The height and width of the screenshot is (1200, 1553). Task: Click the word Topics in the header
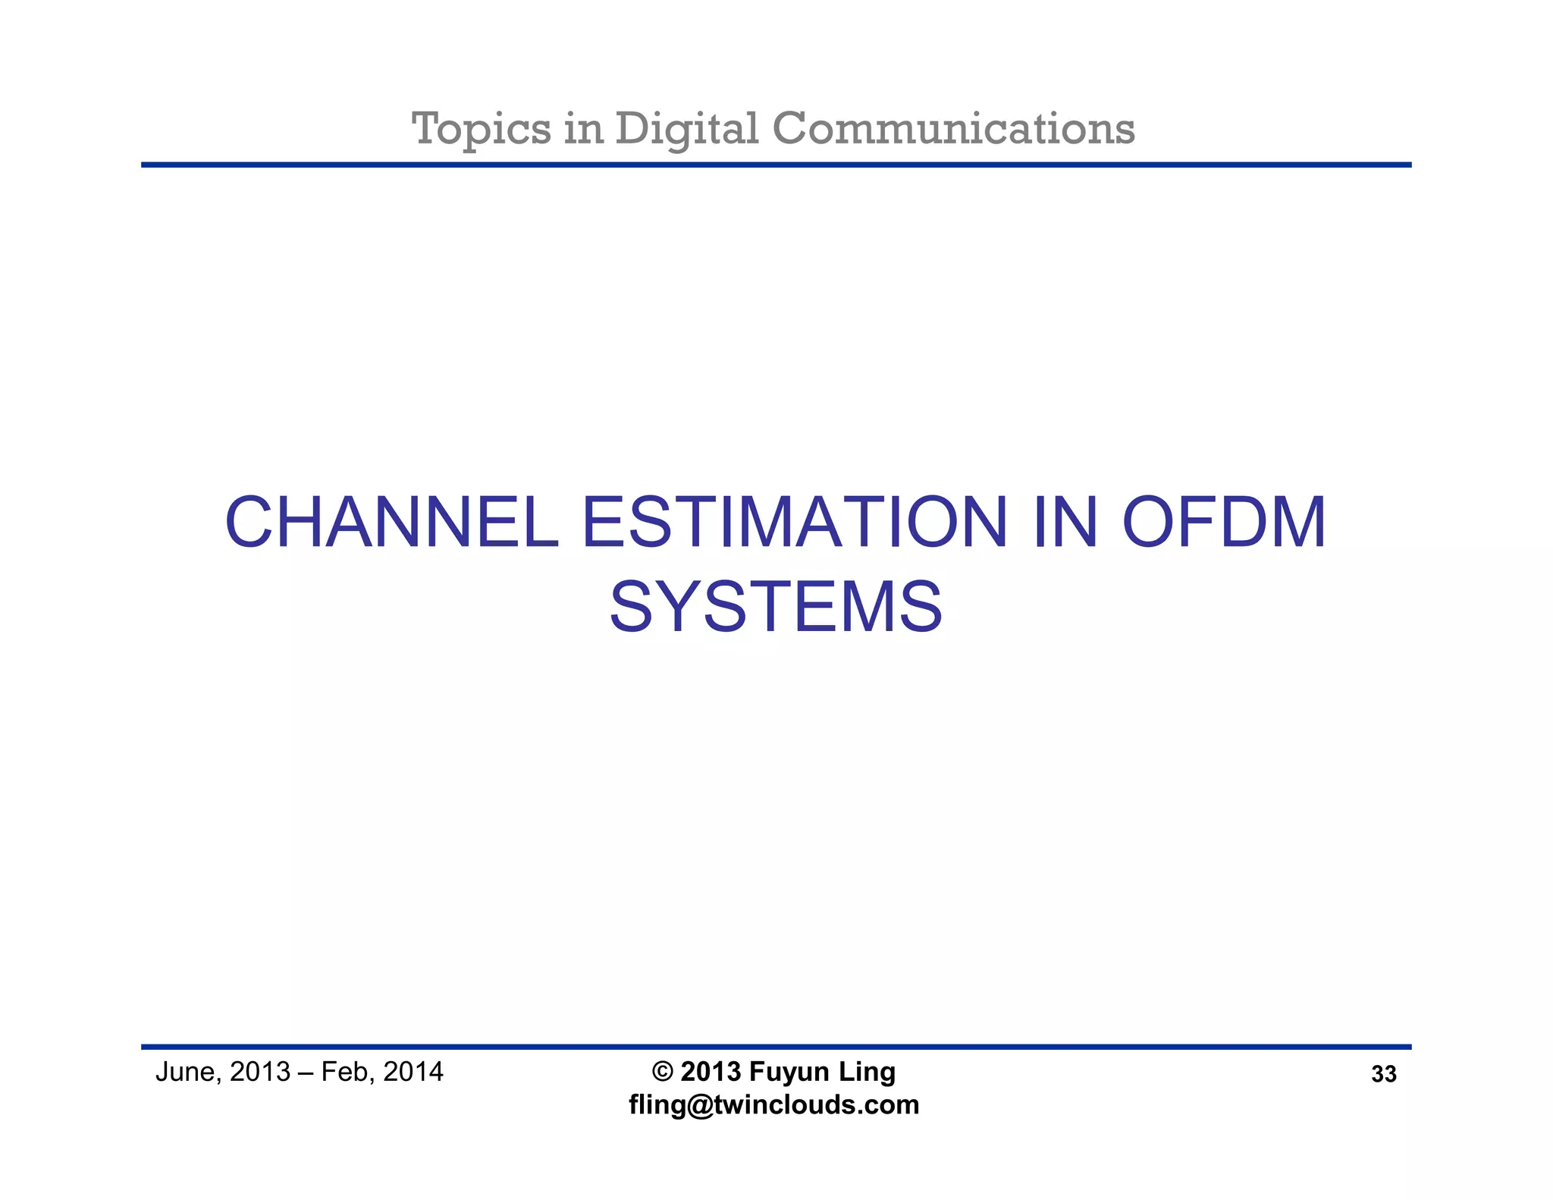click(x=481, y=129)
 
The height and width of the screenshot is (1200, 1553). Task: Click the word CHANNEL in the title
click(x=391, y=523)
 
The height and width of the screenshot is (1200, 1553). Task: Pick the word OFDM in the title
click(x=1224, y=523)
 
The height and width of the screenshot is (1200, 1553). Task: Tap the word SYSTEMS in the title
click(x=776, y=608)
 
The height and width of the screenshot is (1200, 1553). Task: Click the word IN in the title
click(x=1065, y=523)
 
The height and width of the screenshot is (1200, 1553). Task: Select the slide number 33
click(x=1383, y=1074)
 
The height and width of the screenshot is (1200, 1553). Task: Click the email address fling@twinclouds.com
click(x=773, y=1104)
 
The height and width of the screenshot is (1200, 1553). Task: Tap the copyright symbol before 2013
click(x=662, y=1072)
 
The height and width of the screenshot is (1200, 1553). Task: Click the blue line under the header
click(x=776, y=165)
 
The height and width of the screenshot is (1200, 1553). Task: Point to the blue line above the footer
click(x=776, y=1047)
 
